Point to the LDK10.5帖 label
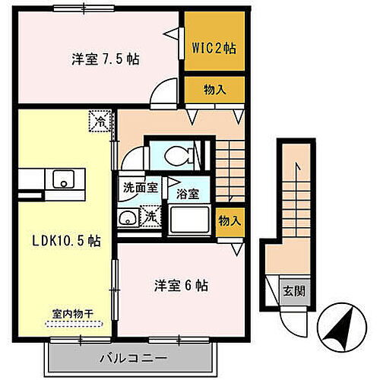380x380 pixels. [x=65, y=240]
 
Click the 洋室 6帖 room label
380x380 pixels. [x=182, y=287]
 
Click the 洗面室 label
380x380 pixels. [x=137, y=185]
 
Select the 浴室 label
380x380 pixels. [x=187, y=194]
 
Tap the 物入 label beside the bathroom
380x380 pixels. [x=229, y=221]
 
